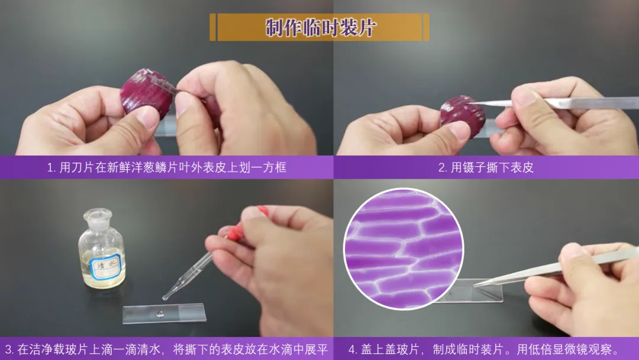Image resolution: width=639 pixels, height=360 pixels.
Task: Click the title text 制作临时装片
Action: click(320, 27)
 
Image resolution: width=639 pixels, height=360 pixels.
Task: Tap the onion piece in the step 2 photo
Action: click(463, 112)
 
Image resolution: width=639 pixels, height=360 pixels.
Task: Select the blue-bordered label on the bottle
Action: click(105, 266)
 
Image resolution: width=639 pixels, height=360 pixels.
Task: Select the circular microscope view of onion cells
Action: click(404, 249)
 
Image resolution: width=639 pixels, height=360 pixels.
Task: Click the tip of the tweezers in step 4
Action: click(474, 285)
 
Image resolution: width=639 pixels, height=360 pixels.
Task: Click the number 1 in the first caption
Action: click(50, 168)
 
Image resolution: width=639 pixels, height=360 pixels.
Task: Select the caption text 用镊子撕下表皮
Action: click(492, 168)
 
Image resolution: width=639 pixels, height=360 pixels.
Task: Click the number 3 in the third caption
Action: click(8, 349)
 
